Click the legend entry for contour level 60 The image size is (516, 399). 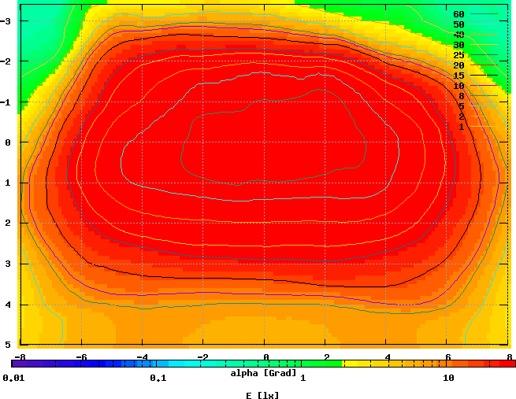(x=458, y=14)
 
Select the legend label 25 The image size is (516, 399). (x=458, y=55)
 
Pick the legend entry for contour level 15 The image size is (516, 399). (x=458, y=76)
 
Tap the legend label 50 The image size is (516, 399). (x=458, y=24)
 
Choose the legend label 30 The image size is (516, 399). (x=458, y=45)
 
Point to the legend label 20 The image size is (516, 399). (x=458, y=65)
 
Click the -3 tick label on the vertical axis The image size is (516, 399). (x=6, y=20)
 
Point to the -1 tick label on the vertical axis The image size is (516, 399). (x=6, y=102)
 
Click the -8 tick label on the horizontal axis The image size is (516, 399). (x=20, y=357)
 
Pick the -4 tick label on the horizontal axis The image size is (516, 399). (x=142, y=357)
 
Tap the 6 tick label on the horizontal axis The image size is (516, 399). (x=447, y=357)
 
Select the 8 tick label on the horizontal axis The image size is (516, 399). (x=508, y=357)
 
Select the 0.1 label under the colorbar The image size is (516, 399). (x=158, y=379)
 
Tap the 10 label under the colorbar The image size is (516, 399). (x=448, y=379)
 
